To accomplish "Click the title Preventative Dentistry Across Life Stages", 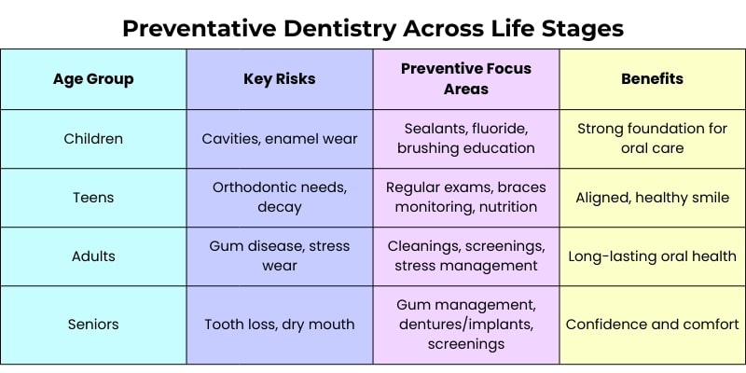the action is point(373,29).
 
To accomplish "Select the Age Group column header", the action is point(93,79).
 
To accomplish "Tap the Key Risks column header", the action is point(280,79).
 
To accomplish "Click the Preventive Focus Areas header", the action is point(466,78).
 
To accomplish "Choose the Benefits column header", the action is point(652,79).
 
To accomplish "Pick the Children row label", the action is point(93,139).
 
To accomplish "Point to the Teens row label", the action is point(93,198).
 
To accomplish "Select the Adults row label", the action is point(93,256).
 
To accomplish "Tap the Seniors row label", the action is point(93,325).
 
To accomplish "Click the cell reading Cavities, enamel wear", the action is point(280,139).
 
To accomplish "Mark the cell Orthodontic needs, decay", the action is point(280,197).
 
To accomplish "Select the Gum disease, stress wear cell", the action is point(280,256).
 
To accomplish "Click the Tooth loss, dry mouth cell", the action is point(280,325).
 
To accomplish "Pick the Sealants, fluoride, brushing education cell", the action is point(466,138).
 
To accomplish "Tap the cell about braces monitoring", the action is point(466,197).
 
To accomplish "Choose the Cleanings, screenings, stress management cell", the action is point(466,256).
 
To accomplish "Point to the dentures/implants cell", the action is point(466,324).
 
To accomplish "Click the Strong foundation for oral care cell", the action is point(652,138).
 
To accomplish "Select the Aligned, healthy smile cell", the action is point(652,198).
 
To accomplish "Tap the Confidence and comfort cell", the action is point(652,325).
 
